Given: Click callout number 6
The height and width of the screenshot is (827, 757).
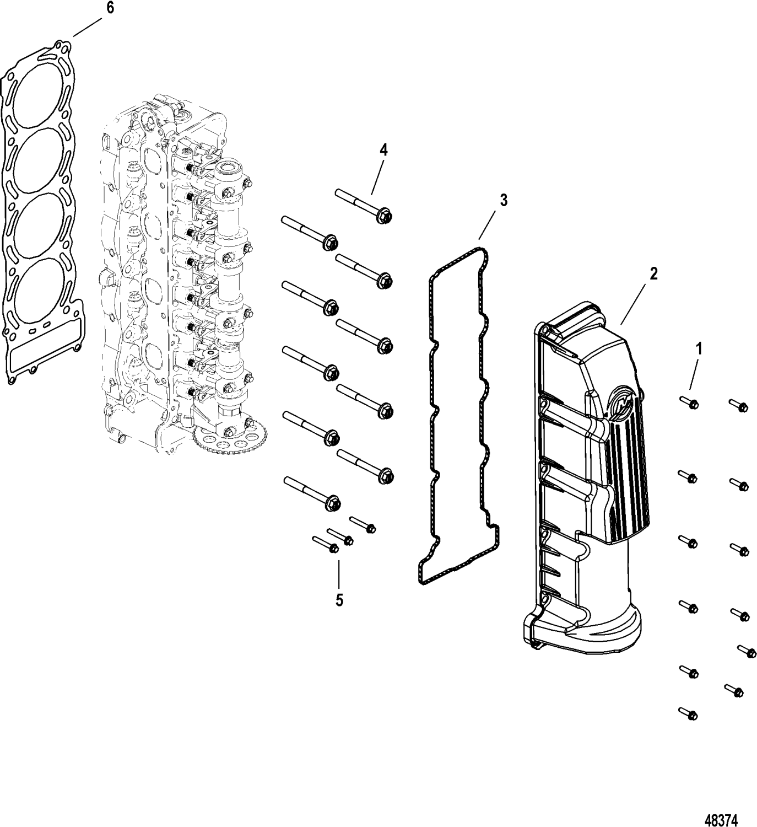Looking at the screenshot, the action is click(110, 9).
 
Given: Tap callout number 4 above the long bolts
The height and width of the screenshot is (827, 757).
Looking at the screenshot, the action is click(383, 150).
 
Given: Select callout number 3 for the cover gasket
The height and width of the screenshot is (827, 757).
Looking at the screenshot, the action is click(503, 200).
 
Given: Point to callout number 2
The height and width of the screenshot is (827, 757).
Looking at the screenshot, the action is click(653, 274).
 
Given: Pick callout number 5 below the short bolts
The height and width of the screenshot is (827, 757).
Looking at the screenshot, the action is click(339, 600).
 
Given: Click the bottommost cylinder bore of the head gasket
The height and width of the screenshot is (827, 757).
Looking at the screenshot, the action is click(39, 293).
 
